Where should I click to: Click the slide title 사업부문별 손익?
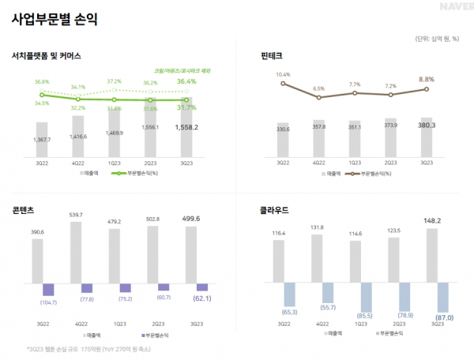[x=54, y=20]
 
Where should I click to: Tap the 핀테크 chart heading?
[x=271, y=56]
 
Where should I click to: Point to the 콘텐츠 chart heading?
[x=22, y=210]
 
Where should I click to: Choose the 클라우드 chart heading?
[x=274, y=211]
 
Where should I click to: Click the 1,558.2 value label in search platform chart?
[x=188, y=126]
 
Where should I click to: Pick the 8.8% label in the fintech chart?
[x=427, y=79]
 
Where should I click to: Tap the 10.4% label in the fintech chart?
[x=283, y=74]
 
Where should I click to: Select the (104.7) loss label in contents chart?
[x=43, y=302]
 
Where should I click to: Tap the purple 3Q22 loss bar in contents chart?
[x=43, y=290]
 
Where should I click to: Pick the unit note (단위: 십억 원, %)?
[x=438, y=39]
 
